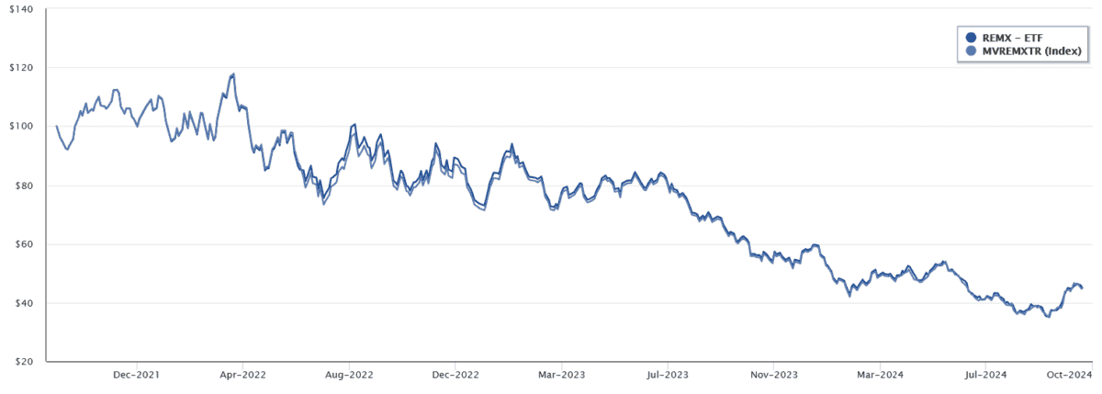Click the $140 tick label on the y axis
pyautogui.click(x=20, y=9)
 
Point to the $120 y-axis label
pyautogui.click(x=20, y=68)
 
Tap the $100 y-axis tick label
pyautogui.click(x=20, y=127)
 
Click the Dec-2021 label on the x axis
pyautogui.click(x=136, y=375)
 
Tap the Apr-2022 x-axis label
pyautogui.click(x=241, y=375)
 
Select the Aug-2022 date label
pyautogui.click(x=349, y=375)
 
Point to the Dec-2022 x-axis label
pyautogui.click(x=455, y=375)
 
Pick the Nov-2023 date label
pyautogui.click(x=773, y=375)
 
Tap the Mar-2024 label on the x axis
pyautogui.click(x=879, y=375)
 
